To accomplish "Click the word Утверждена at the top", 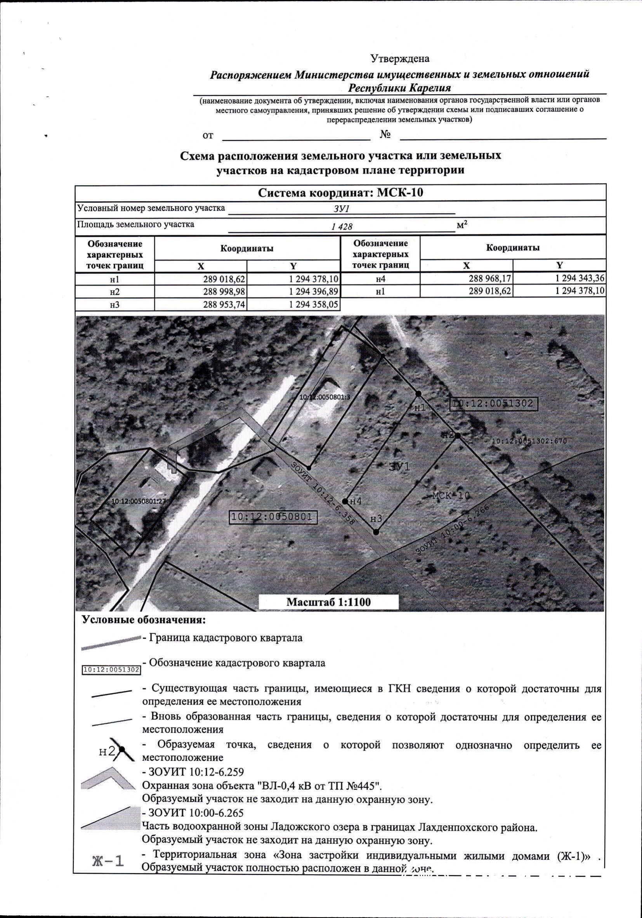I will click(x=399, y=59).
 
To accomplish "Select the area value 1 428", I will click(x=342, y=227).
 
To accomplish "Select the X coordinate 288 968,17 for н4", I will click(x=490, y=278).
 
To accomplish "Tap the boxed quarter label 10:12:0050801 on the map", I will click(x=273, y=517).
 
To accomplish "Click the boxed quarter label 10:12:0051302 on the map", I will click(x=494, y=403).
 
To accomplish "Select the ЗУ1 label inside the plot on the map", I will click(x=399, y=467).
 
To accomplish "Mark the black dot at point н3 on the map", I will click(x=376, y=532).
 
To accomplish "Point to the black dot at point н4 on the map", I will click(x=345, y=501).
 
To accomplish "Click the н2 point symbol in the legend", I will click(x=121, y=749).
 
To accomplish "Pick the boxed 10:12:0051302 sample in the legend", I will click(x=111, y=669).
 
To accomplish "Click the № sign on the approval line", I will click(x=385, y=135).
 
